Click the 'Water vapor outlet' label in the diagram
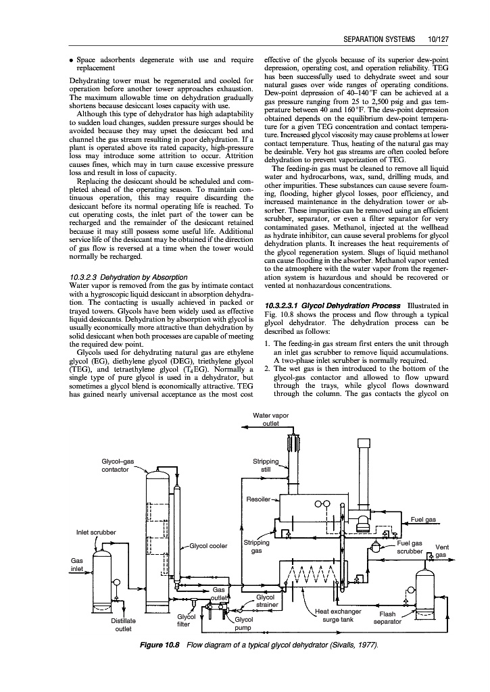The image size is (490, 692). tap(270, 419)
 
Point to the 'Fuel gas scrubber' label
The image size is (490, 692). tap(410, 547)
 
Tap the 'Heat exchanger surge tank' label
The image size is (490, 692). tap(339, 615)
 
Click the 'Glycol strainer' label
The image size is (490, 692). tap(265, 601)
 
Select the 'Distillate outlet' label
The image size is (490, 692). tap(123, 624)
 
